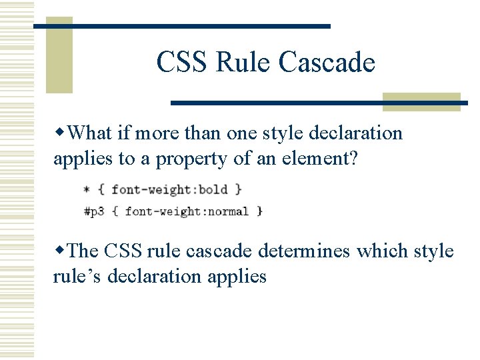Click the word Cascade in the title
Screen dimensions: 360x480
click(327, 63)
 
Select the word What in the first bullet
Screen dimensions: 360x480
click(90, 133)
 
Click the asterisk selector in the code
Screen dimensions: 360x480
click(87, 191)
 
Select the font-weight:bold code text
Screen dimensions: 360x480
click(169, 190)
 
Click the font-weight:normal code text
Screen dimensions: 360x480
click(187, 211)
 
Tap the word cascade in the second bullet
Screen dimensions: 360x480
click(217, 251)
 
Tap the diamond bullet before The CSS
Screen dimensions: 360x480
click(60, 251)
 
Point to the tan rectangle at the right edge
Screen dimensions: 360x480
click(422, 101)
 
